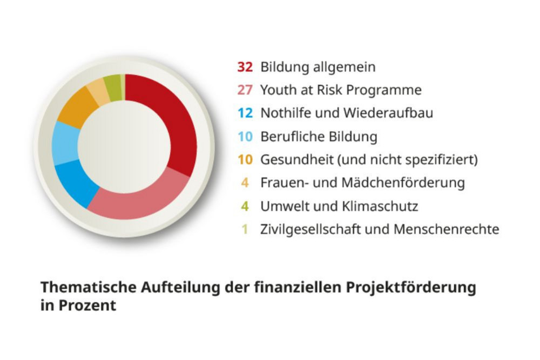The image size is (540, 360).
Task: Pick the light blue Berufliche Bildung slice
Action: (x=65, y=143)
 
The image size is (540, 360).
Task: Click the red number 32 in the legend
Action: (x=245, y=67)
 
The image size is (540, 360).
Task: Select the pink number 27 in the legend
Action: (x=245, y=90)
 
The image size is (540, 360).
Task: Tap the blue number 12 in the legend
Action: (x=245, y=113)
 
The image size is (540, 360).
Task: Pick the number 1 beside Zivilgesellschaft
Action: (x=245, y=229)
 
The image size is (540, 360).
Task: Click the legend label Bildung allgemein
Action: (x=318, y=67)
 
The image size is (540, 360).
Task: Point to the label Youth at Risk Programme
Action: (x=341, y=90)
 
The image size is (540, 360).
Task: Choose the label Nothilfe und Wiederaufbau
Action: (x=346, y=113)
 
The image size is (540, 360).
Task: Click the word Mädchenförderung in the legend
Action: (x=403, y=183)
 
